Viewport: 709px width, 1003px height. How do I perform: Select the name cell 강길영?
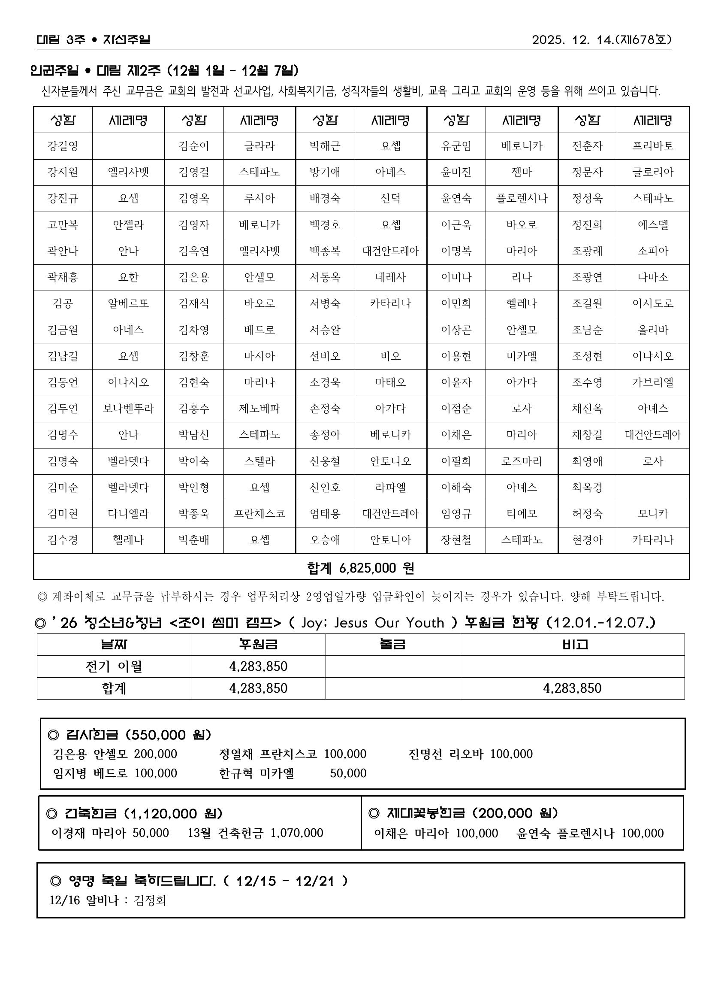(x=63, y=146)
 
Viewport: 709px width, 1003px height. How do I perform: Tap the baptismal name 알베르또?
(x=128, y=303)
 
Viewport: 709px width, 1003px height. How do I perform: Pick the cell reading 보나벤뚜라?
(x=128, y=409)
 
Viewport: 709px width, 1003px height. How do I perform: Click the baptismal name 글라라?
(x=259, y=146)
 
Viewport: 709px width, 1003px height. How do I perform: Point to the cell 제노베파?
(x=259, y=409)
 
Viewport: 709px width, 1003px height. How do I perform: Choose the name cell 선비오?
(x=325, y=357)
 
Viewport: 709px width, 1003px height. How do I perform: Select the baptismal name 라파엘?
(x=390, y=488)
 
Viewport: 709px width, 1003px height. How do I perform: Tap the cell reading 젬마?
(x=522, y=172)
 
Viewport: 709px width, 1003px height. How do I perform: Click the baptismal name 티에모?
(x=522, y=514)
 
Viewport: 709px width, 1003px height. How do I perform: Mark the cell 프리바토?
(x=653, y=146)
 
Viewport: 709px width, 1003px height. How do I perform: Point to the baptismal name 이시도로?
(x=653, y=303)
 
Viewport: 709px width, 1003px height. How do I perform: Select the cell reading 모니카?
(x=653, y=514)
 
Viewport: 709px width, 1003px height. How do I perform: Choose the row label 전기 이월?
(x=114, y=667)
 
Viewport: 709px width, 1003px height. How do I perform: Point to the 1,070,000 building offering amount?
(x=297, y=833)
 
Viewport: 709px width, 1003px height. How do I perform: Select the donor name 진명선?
(x=425, y=754)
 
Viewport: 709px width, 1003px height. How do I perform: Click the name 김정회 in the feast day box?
(x=150, y=900)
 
